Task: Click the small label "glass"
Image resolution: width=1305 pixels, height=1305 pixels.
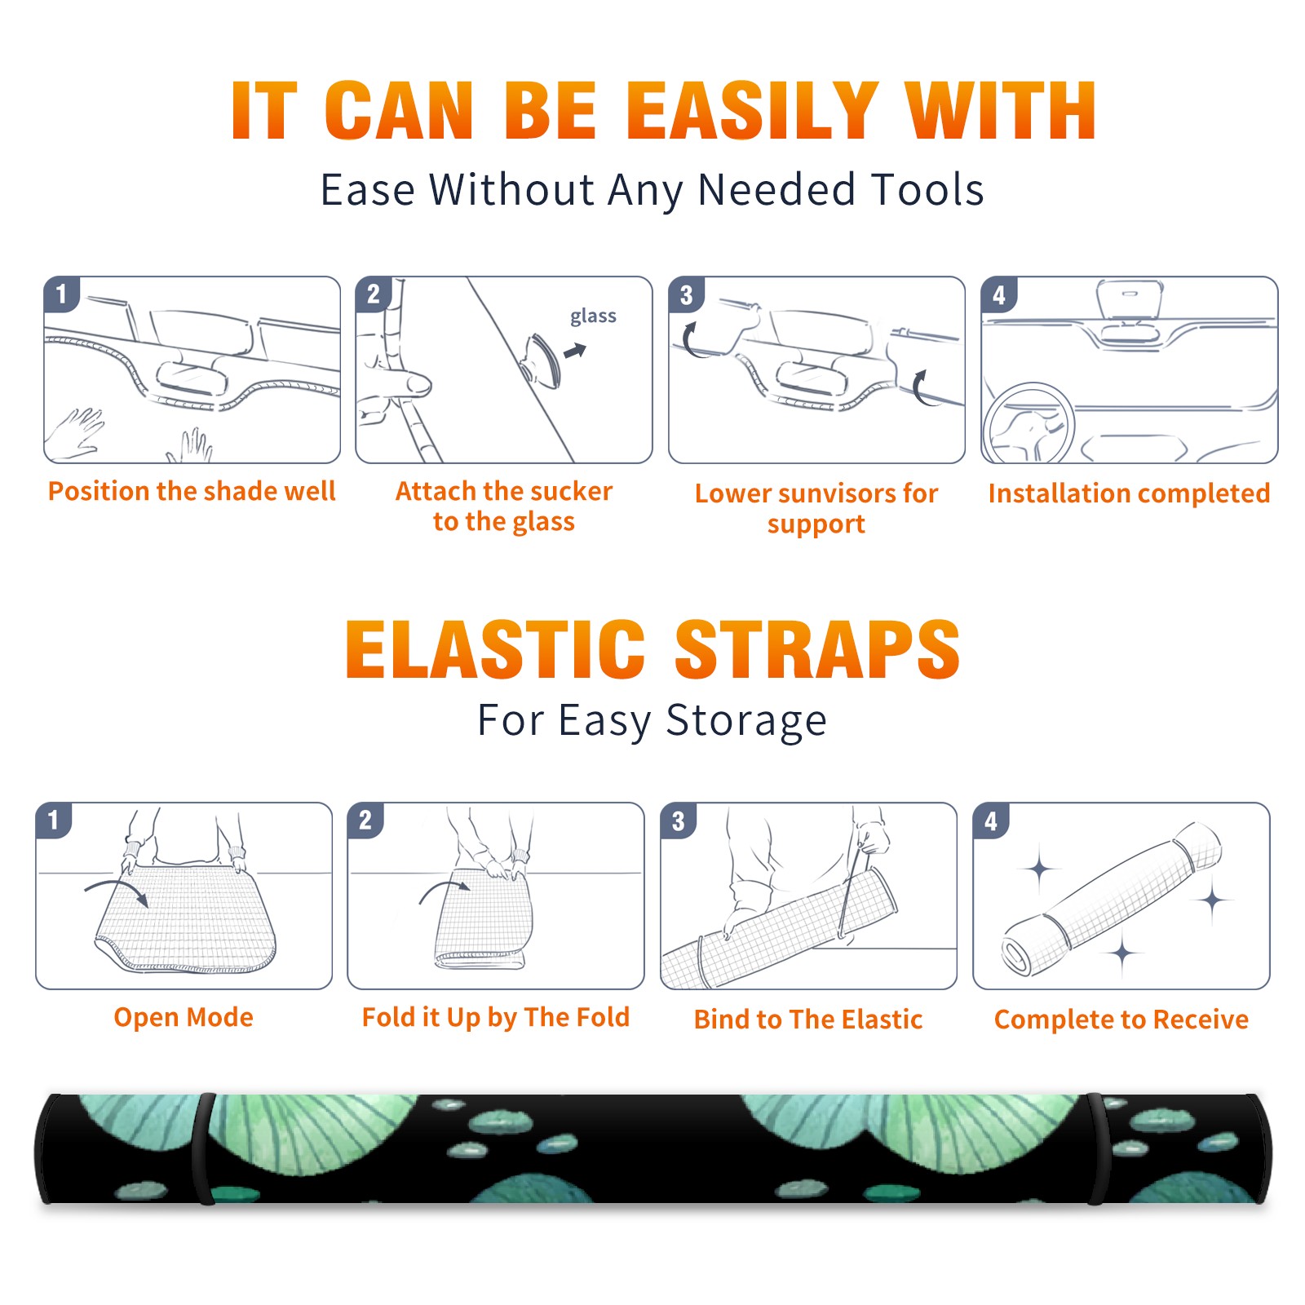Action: (593, 316)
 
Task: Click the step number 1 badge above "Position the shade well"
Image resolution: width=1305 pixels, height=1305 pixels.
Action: (61, 293)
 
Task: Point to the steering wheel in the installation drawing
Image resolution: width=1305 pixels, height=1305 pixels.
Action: (1029, 424)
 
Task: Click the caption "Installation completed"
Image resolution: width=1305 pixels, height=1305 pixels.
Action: (1129, 493)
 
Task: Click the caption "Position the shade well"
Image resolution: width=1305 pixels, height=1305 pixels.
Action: (192, 491)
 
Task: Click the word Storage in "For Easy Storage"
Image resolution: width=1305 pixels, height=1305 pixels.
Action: (746, 722)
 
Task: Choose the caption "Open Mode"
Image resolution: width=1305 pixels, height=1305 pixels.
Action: (184, 1017)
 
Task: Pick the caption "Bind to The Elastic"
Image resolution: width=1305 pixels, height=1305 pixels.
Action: (808, 1020)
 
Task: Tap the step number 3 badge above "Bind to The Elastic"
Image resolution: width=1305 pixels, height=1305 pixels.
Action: (678, 820)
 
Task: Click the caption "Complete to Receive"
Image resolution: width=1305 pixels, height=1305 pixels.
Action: (1121, 1020)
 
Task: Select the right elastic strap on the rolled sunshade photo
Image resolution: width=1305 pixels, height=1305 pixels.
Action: (1096, 1149)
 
